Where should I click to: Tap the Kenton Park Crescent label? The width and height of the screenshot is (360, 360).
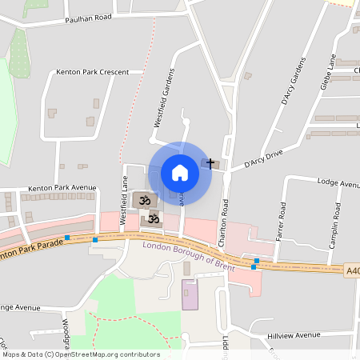93,72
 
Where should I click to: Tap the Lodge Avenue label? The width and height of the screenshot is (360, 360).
338,183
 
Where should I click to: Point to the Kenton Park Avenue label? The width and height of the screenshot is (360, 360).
62,188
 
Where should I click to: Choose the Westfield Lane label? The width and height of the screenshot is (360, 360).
124,206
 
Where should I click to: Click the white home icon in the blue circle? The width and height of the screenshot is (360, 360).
179,173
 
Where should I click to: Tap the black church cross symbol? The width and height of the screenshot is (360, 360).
211,163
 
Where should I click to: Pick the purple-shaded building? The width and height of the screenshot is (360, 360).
190,295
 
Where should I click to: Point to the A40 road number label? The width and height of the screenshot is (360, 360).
353,271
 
